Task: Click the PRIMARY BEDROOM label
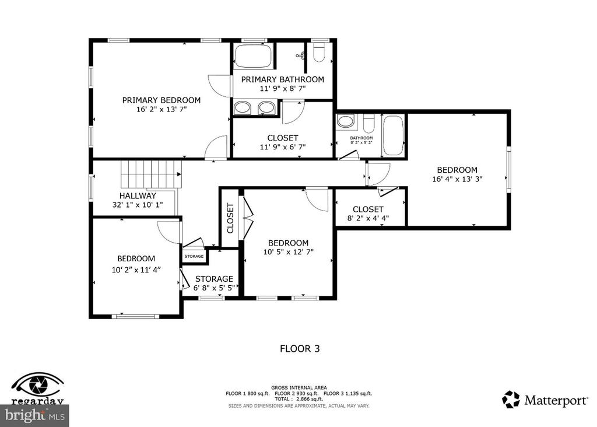(161, 100)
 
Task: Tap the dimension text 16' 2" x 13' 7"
(161, 109)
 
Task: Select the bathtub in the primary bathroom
(253, 57)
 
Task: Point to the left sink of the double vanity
(242, 107)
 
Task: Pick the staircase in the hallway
(150, 173)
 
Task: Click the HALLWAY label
(138, 196)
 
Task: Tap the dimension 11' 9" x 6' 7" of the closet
(282, 147)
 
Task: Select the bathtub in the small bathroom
(394, 135)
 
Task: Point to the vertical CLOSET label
(230, 218)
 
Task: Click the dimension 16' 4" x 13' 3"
(458, 179)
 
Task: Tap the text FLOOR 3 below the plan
(300, 349)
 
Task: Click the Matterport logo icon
(511, 400)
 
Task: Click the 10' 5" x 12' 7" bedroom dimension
(288, 252)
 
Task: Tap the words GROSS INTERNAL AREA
(298, 387)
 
